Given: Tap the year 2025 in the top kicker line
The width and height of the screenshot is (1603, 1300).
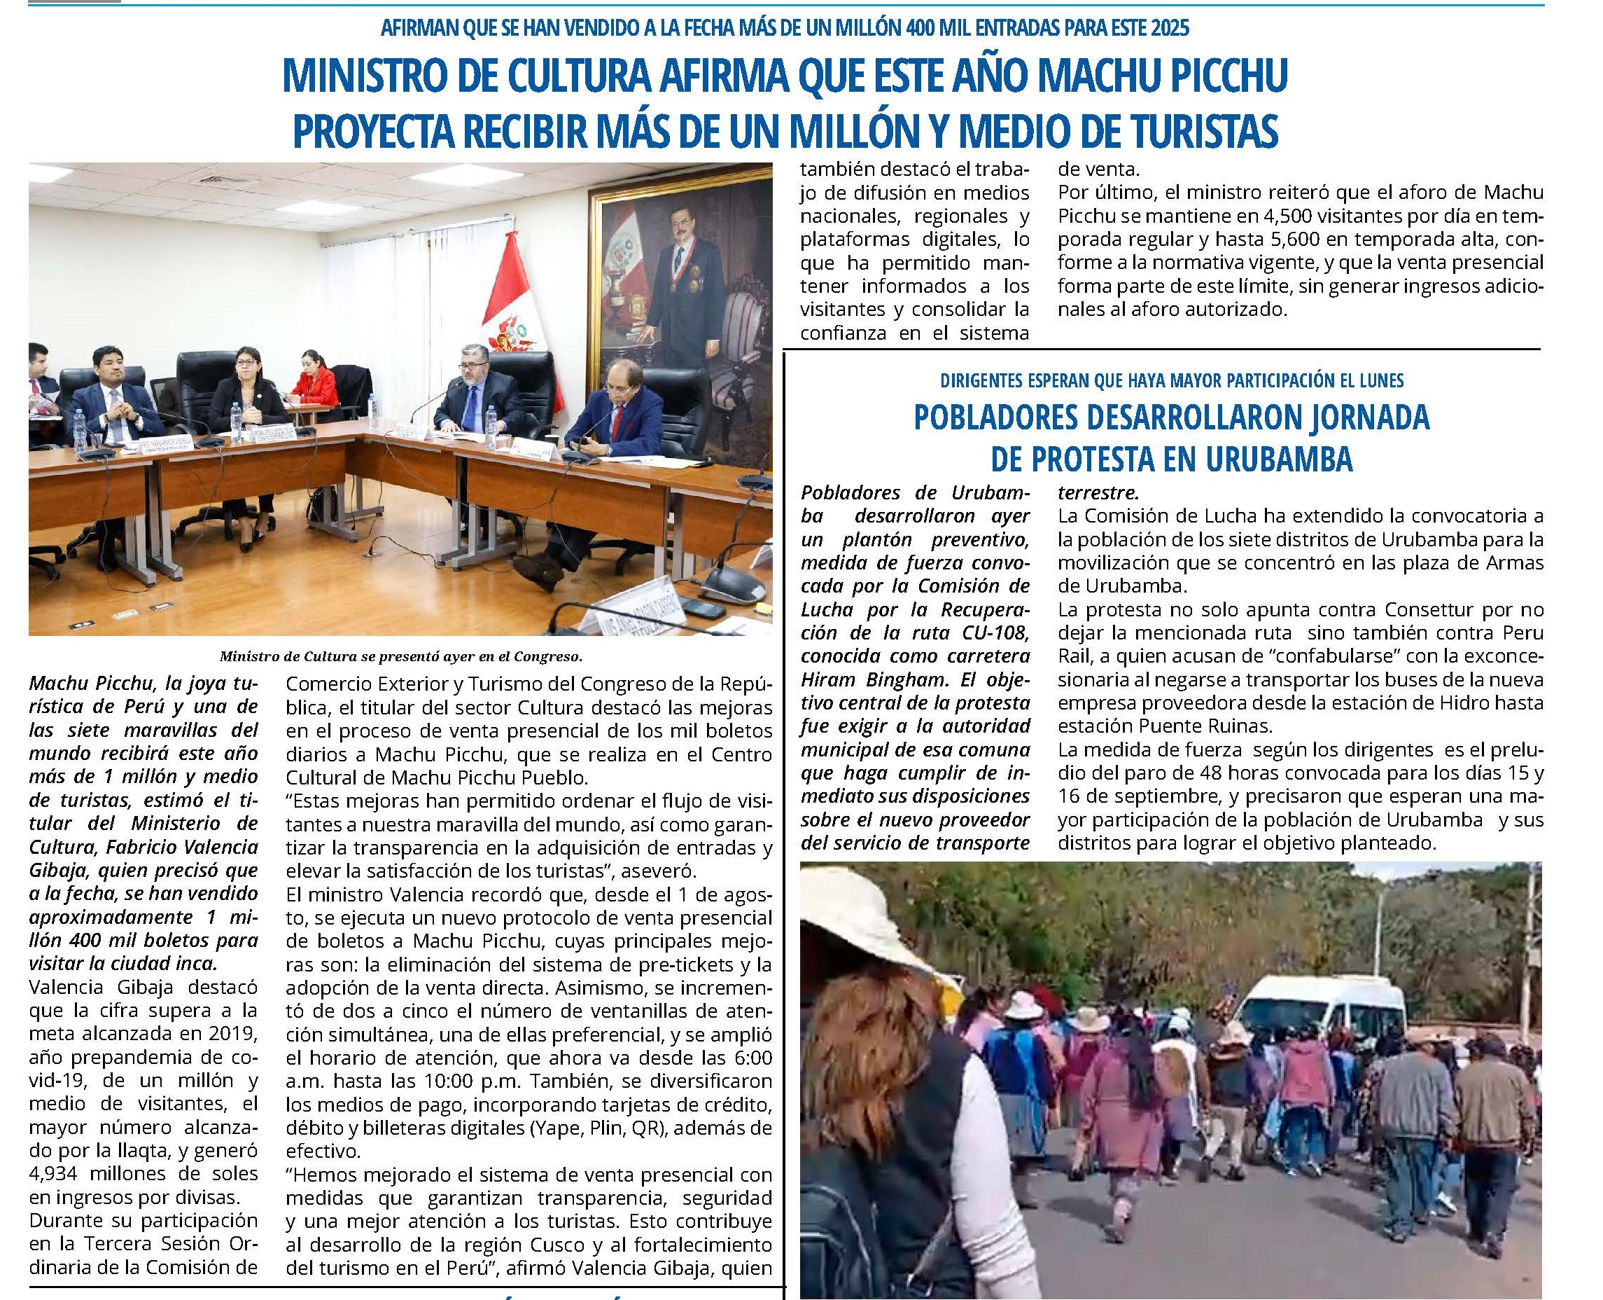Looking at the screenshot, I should point(1167,29).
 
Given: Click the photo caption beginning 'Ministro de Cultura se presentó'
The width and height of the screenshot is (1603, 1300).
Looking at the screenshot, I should point(400,657).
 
